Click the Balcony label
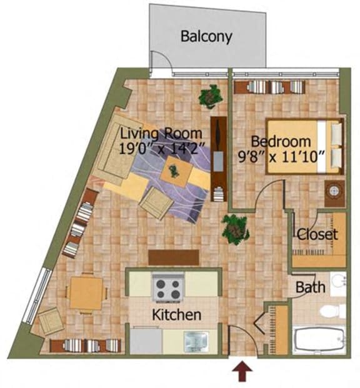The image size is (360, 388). point(206,36)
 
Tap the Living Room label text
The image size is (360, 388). point(161,134)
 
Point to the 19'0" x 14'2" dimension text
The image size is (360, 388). point(161,149)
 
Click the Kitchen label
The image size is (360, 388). point(177,314)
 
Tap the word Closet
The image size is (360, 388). point(317,235)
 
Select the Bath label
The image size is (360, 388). point(310,288)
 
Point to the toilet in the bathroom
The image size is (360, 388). point(331,311)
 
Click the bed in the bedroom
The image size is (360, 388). point(306,146)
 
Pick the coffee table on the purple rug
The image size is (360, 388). point(174,170)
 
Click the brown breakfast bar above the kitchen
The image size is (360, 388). point(174,257)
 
